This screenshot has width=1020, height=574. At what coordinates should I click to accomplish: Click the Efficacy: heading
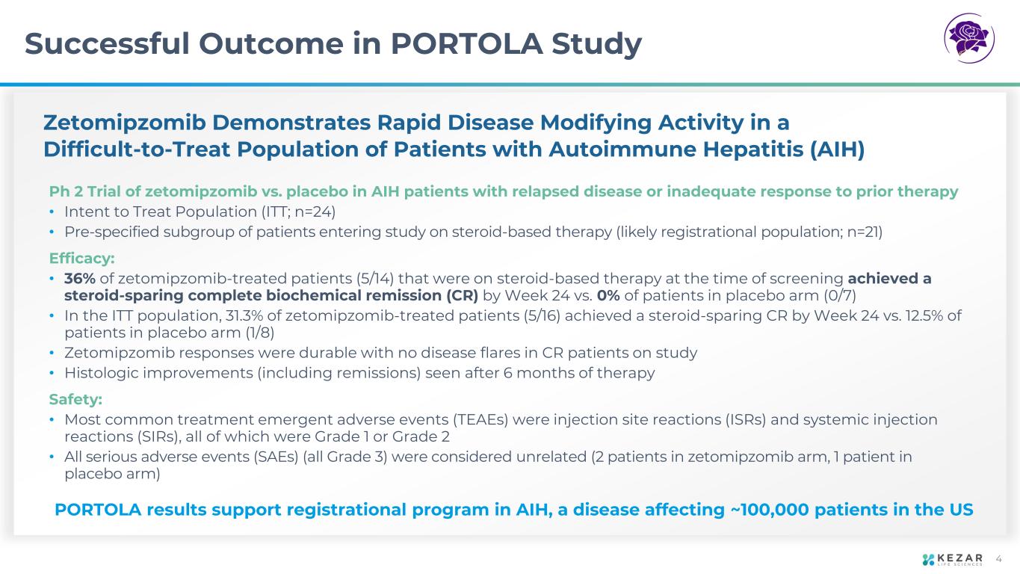click(82, 259)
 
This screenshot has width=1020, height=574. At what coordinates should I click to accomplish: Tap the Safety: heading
click(75, 400)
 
